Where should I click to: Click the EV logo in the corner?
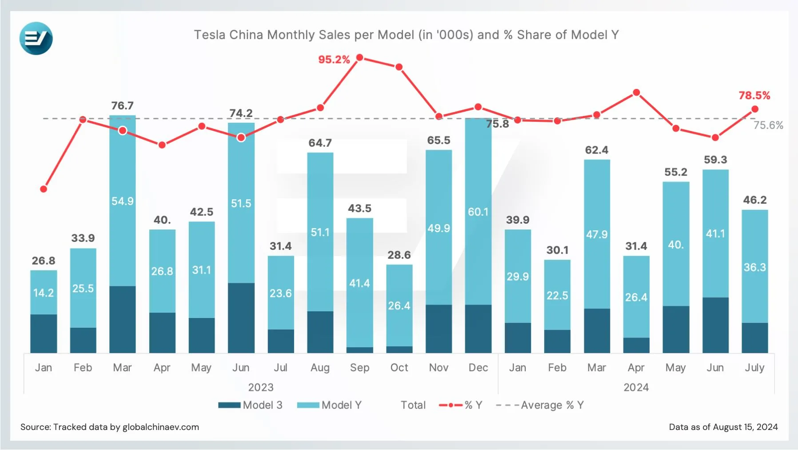tap(36, 38)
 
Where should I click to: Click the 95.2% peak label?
tap(334, 60)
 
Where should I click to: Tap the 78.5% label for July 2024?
tap(754, 96)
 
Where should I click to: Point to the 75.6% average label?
tap(768, 125)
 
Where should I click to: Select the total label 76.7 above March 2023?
tap(122, 106)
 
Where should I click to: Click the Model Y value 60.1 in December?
tap(478, 212)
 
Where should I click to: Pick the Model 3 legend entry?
tap(250, 405)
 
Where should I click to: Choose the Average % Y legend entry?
tap(540, 405)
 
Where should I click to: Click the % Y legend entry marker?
tap(451, 405)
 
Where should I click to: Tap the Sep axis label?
tap(359, 368)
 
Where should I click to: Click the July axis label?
tap(754, 368)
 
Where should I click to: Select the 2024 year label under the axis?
tap(636, 387)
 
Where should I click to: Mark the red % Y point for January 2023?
tap(44, 189)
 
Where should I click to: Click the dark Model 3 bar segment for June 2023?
tap(241, 318)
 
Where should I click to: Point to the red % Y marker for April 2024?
tap(636, 92)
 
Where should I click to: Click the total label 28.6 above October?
tap(399, 255)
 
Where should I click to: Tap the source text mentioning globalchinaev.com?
tap(109, 427)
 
